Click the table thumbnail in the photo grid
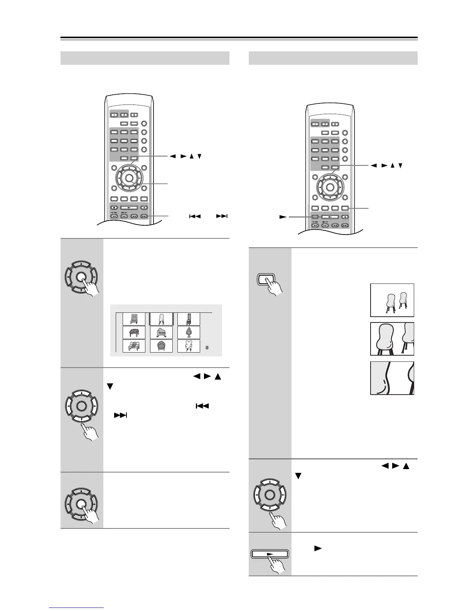(134, 333)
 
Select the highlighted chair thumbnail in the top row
(162, 319)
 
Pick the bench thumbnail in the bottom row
(134, 346)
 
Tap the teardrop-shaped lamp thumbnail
(189, 333)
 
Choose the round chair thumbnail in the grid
(162, 346)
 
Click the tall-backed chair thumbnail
(189, 319)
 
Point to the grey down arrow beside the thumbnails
(207, 348)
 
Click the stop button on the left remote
(114, 208)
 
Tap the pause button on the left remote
(144, 208)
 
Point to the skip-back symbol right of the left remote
(195, 216)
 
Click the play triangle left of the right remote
(283, 217)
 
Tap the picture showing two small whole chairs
(392, 300)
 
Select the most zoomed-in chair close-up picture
(392, 378)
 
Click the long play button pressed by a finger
(270, 554)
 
